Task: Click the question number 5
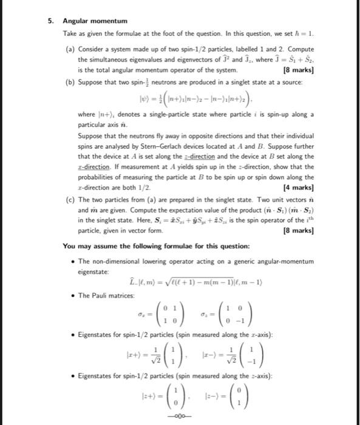tap(50, 20)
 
